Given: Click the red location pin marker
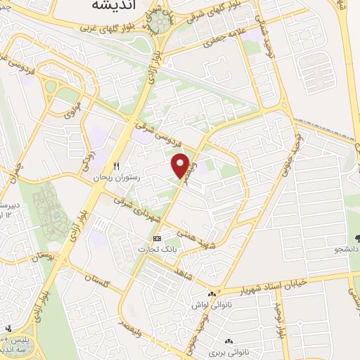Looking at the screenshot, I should pos(181,165).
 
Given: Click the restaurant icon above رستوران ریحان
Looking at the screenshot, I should pos(117,167).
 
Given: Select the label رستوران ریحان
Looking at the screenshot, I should pos(117,179).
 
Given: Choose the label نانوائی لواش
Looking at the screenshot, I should pos(211,307).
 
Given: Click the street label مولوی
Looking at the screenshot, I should pos(72,110).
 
